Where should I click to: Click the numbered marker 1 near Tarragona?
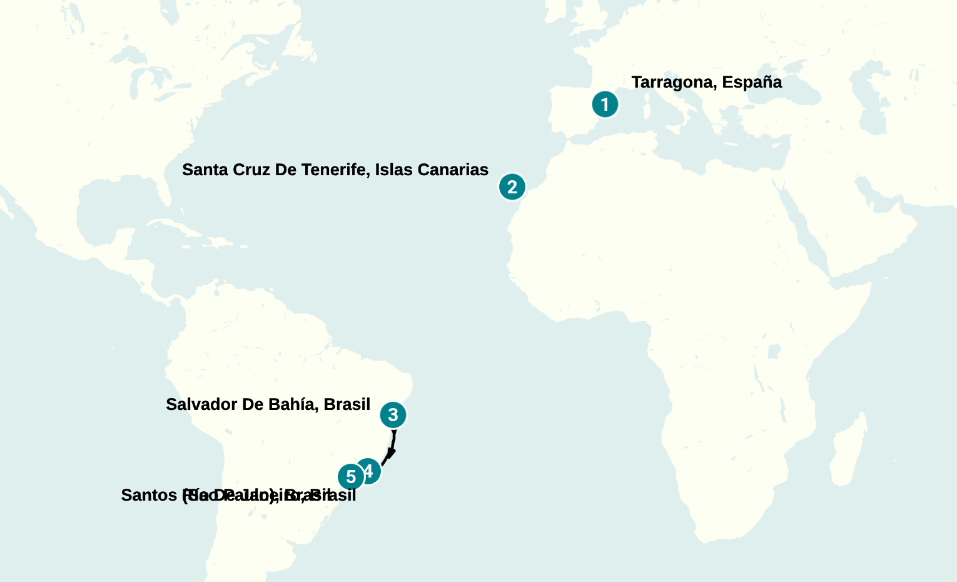pyautogui.click(x=605, y=105)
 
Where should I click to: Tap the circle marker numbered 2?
pyautogui.click(x=512, y=186)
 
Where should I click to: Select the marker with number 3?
pyautogui.click(x=393, y=415)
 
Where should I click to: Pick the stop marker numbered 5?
pyautogui.click(x=351, y=477)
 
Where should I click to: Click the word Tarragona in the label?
pyautogui.click(x=673, y=83)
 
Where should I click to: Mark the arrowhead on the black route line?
pyautogui.click(x=391, y=453)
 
